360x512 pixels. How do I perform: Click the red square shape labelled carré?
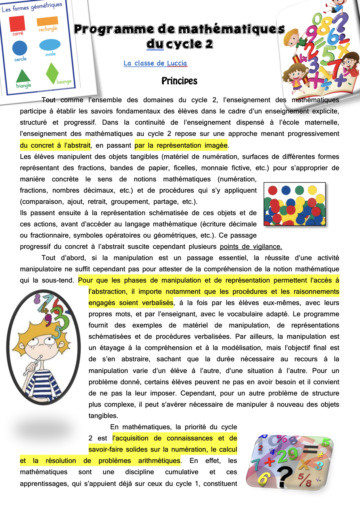pos(17,23)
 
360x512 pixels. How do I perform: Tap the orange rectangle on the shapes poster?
pos(47,21)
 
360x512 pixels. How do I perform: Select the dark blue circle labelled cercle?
pos(20,48)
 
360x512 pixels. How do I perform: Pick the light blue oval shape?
pos(50,45)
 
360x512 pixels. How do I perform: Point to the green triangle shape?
pos(23,76)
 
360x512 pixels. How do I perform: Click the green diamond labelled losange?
pos(52,73)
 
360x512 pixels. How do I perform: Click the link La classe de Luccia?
pos(155,63)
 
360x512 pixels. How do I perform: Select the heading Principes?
pos(179,81)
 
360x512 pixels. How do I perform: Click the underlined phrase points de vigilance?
pos(251,247)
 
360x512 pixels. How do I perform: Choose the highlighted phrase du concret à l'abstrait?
pos(55,145)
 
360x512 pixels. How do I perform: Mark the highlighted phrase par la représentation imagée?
pos(181,145)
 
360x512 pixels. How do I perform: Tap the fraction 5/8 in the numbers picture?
pos(304,479)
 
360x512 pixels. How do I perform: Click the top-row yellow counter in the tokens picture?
pos(312,190)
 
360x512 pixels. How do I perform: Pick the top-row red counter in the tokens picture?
pos(273,190)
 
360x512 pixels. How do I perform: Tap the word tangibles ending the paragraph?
pos(103,416)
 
